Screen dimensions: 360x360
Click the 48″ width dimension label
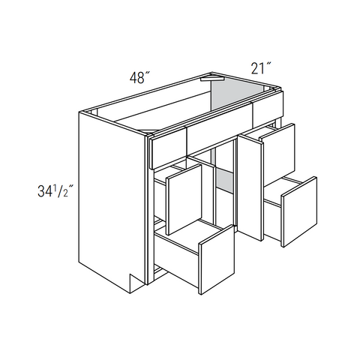139,77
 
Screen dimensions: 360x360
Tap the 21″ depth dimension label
261,68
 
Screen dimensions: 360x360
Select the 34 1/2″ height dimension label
55,191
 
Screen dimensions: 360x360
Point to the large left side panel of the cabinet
112,200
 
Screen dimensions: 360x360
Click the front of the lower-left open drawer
217,259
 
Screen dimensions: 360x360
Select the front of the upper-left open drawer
184,199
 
